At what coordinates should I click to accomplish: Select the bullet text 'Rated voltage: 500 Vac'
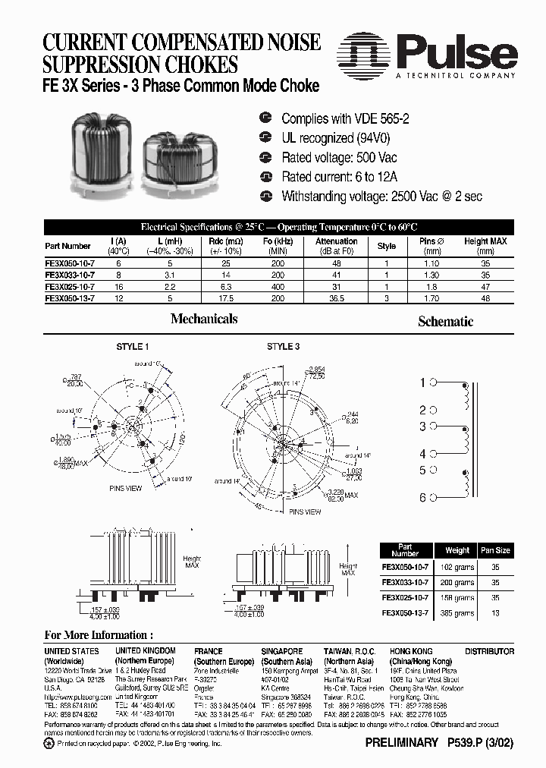click(x=338, y=157)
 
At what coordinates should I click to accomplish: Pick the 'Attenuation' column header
click(x=336, y=241)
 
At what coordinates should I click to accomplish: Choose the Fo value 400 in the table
click(x=278, y=287)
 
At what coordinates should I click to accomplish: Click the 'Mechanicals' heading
click(x=204, y=319)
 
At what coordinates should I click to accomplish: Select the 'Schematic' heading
click(x=445, y=322)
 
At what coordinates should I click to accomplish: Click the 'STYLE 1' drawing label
click(x=133, y=347)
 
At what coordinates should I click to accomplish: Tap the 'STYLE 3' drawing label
click(x=283, y=347)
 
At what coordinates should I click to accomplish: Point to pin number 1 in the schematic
click(x=423, y=383)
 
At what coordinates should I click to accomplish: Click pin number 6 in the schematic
click(x=423, y=498)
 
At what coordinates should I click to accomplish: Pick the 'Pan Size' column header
click(x=495, y=550)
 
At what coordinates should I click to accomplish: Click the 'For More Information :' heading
click(x=99, y=634)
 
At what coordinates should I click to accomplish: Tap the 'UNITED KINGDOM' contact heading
click(x=145, y=651)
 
